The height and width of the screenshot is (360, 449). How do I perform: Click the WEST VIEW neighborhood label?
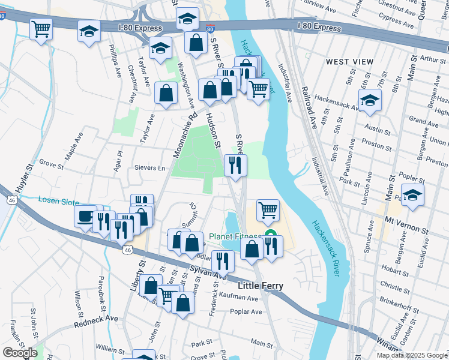pyautogui.click(x=349, y=62)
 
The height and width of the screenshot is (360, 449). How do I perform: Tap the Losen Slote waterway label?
pyautogui.click(x=59, y=200)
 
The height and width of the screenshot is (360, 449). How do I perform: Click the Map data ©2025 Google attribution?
pyautogui.click(x=412, y=355)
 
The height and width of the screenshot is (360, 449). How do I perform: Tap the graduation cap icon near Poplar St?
pyautogui.click(x=412, y=195)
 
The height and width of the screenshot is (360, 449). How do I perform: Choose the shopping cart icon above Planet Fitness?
pyautogui.click(x=268, y=210)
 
